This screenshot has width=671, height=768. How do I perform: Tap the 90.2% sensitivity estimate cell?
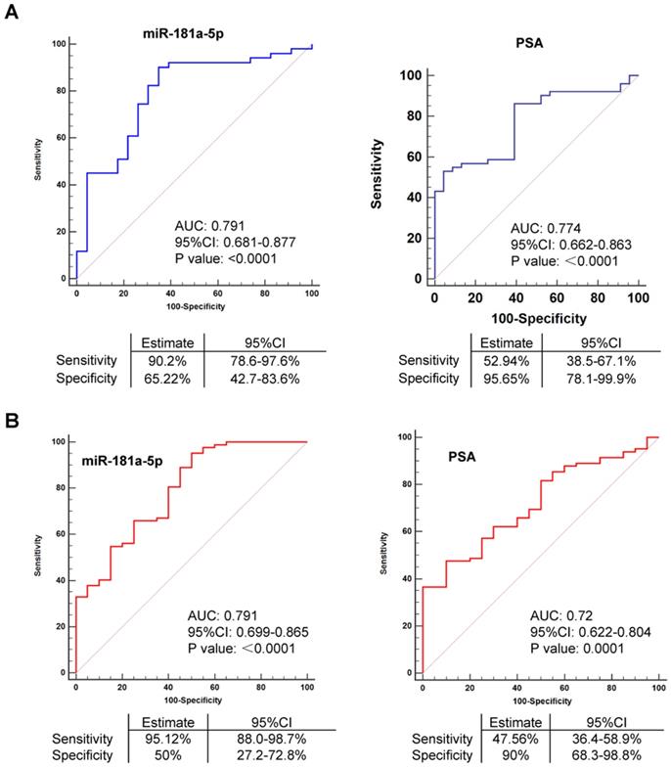169,360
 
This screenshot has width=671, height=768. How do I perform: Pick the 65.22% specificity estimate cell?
169,378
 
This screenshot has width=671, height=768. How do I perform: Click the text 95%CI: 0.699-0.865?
248,633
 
